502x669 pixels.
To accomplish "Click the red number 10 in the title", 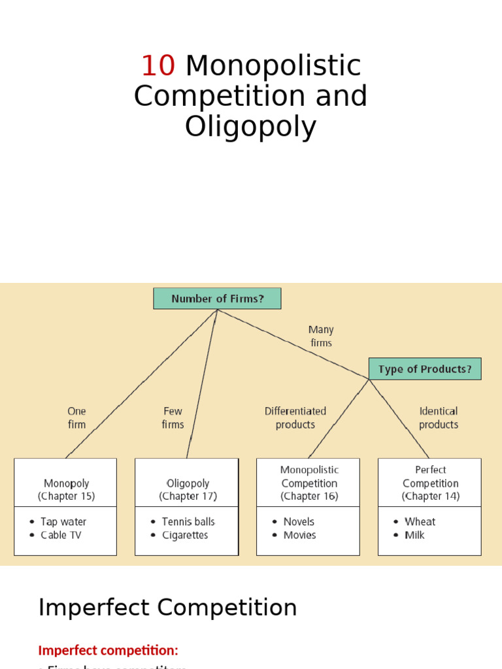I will (158, 66).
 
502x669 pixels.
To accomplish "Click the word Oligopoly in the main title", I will (250, 127).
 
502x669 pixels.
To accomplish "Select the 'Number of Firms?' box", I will (217, 299).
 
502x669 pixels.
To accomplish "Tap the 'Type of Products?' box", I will (425, 369).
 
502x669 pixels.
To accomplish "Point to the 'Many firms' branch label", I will (321, 336).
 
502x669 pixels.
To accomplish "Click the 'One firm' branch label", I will (76, 418).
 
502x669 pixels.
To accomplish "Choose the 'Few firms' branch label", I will (173, 418).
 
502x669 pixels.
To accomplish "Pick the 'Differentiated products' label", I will (295, 418).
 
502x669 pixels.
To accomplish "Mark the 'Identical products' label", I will (438, 418).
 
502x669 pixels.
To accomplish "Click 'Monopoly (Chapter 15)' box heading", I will (66, 489).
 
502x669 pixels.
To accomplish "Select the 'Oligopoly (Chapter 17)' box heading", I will (188, 489).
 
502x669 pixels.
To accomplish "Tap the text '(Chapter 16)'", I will (309, 497).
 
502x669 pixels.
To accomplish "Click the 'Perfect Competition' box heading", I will (430, 477).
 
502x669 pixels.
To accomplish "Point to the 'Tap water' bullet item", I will (63, 521).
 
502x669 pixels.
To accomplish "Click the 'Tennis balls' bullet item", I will (188, 521).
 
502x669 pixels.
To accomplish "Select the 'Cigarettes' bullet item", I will (185, 535).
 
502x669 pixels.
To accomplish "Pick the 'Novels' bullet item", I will (299, 521).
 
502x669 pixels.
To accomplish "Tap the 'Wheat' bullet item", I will (420, 521).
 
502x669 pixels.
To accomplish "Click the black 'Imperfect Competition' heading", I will (167, 608).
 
